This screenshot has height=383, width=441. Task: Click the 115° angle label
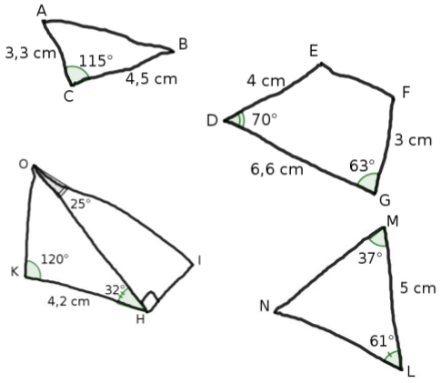pyautogui.click(x=95, y=61)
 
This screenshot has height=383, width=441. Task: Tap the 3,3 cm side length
pyautogui.click(x=31, y=53)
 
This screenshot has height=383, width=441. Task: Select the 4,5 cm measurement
pyautogui.click(x=151, y=79)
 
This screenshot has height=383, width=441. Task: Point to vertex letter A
pyautogui.click(x=42, y=11)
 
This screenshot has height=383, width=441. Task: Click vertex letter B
pyautogui.click(x=183, y=44)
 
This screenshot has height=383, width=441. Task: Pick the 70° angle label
pyautogui.click(x=265, y=119)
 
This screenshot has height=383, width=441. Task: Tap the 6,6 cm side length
pyautogui.click(x=276, y=169)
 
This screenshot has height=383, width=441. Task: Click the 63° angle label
pyautogui.click(x=362, y=166)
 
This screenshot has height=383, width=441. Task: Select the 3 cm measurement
pyautogui.click(x=413, y=140)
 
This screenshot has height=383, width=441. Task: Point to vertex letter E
pyautogui.click(x=314, y=51)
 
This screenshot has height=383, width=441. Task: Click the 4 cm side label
pyautogui.click(x=266, y=81)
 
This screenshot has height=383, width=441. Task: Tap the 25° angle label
pyautogui.click(x=80, y=204)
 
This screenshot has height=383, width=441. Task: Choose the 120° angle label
pyautogui.click(x=55, y=259)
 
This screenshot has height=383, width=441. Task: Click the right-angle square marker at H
pyautogui.click(x=151, y=301)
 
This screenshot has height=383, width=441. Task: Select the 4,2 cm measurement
pyautogui.click(x=69, y=301)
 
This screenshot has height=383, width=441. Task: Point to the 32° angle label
pyautogui.click(x=115, y=289)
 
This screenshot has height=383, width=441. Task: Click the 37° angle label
pyautogui.click(x=370, y=258)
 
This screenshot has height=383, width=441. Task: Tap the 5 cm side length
pyautogui.click(x=417, y=287)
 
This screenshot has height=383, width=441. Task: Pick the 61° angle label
pyautogui.click(x=382, y=341)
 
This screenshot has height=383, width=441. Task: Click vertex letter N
pyautogui.click(x=265, y=306)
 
